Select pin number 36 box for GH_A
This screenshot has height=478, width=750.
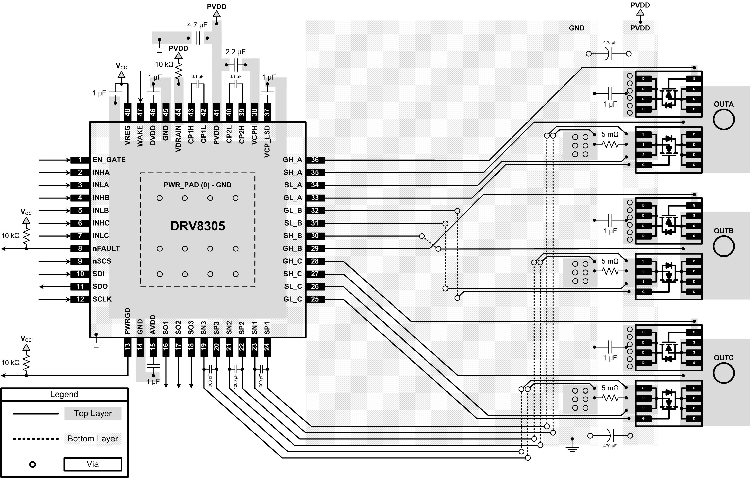click(x=315, y=160)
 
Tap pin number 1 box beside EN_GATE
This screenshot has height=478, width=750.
click(x=80, y=160)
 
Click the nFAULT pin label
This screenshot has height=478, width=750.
click(x=106, y=249)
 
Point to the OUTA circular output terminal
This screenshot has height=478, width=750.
click(x=724, y=119)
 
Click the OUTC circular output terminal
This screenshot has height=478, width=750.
click(x=724, y=373)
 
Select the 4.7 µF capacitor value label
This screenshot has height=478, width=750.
click(x=197, y=25)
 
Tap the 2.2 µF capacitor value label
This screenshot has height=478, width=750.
click(x=235, y=52)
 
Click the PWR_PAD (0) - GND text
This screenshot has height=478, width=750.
click(x=197, y=185)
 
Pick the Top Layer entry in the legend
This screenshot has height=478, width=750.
click(x=92, y=413)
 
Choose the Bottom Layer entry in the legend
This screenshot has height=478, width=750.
click(x=92, y=439)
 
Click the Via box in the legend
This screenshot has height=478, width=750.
click(x=92, y=464)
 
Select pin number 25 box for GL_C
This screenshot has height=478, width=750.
click(x=315, y=299)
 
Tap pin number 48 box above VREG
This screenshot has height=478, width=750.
click(x=127, y=112)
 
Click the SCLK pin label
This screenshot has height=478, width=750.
click(x=102, y=299)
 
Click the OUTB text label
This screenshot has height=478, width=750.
click(x=724, y=231)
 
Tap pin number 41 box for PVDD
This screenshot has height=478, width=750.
click(x=216, y=112)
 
